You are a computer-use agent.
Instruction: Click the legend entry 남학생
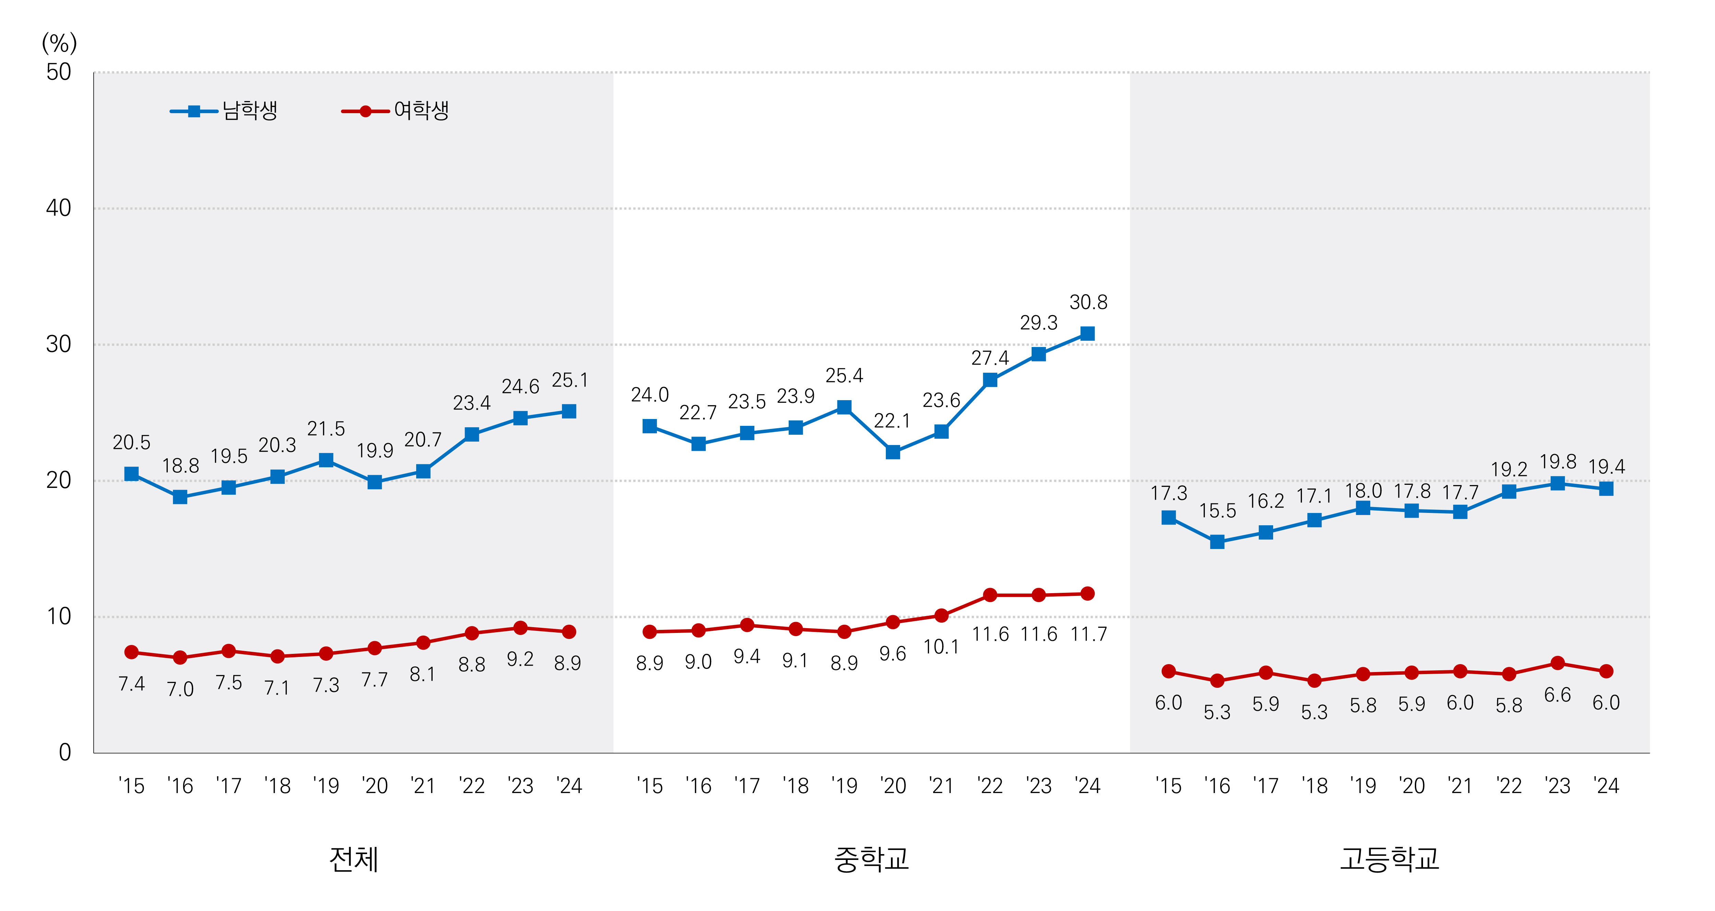249,110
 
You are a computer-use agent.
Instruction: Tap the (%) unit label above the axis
59,44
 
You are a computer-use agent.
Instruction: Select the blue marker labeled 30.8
1087,333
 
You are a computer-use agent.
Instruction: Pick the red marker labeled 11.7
1087,594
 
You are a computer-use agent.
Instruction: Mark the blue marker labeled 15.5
1217,542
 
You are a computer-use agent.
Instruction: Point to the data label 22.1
892,421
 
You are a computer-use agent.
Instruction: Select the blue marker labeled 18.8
180,497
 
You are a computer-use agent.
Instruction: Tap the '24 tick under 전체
569,786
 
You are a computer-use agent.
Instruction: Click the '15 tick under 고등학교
1168,786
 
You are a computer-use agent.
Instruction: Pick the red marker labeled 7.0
180,658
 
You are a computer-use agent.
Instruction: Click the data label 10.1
941,647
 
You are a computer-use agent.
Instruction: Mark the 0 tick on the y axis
64,753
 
